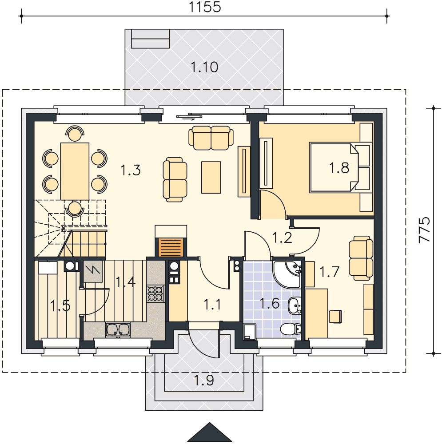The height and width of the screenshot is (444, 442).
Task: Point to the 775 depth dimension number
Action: pyautogui.click(x=424, y=230)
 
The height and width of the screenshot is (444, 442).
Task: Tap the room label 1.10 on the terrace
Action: pyautogui.click(x=204, y=67)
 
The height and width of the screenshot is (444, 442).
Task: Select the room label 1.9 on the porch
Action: pyautogui.click(x=204, y=380)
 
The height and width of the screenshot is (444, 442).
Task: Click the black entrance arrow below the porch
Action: pyautogui.click(x=210, y=432)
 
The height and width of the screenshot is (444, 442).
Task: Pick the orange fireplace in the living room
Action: pyautogui.click(x=171, y=247)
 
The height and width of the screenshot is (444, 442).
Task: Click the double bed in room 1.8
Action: pyautogui.click(x=334, y=168)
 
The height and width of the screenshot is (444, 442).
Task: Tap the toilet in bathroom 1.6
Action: pyautogui.click(x=291, y=329)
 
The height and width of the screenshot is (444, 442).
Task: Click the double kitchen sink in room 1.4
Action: pyautogui.click(x=118, y=329)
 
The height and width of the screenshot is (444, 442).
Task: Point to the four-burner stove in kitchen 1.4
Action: pyautogui.click(x=155, y=293)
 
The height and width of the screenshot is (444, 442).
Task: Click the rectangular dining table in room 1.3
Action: pyautogui.click(x=75, y=171)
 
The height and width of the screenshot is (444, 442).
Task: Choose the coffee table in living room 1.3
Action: pyautogui.click(x=211, y=177)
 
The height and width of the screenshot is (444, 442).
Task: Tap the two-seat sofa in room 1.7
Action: pyautogui.click(x=361, y=258)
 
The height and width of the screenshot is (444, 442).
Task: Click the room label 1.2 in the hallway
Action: pyautogui.click(x=282, y=237)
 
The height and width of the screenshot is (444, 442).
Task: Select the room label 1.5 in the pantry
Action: pyautogui.click(x=60, y=306)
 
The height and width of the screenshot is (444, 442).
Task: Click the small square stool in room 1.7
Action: pyautogui.click(x=335, y=317)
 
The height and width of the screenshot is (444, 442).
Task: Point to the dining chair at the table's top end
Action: pyautogui.click(x=75, y=134)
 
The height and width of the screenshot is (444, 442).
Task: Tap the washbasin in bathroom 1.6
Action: pyautogui.click(x=295, y=305)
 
